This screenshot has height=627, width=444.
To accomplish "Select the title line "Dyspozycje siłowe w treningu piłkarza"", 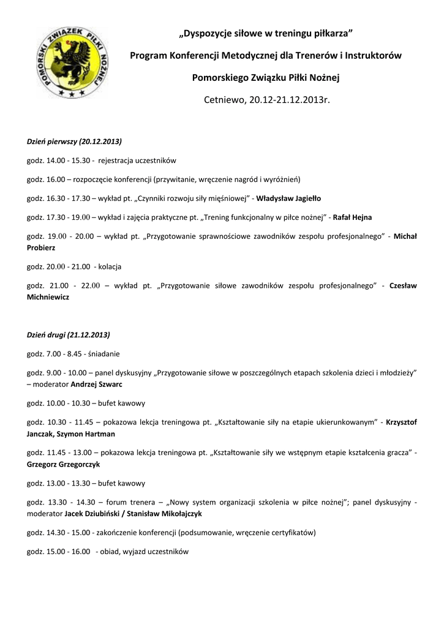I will click(x=265, y=32).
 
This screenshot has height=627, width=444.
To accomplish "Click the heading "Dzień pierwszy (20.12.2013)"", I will click(x=74, y=141).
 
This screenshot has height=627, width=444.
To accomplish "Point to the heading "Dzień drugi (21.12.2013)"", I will click(x=68, y=335).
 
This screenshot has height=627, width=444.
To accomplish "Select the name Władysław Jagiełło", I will click(x=288, y=198).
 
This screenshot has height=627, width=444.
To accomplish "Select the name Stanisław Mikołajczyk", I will click(x=164, y=514).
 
